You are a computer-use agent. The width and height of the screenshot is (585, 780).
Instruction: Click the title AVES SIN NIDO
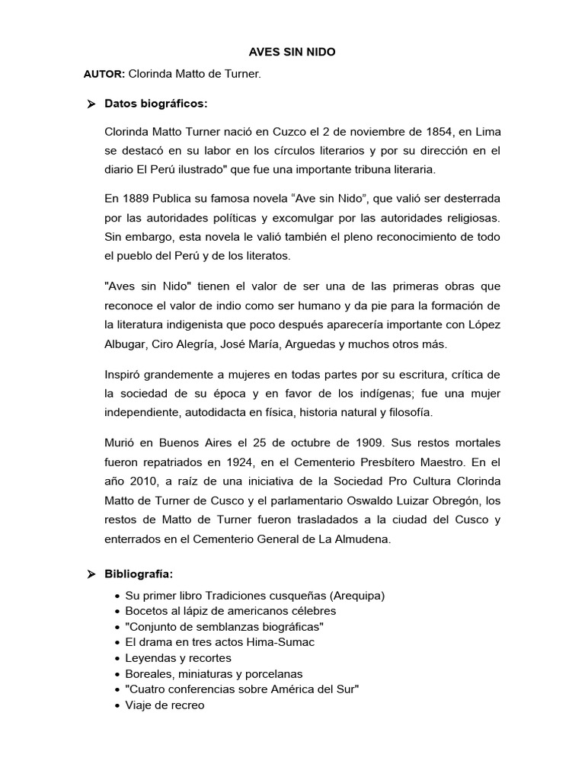tap(292, 53)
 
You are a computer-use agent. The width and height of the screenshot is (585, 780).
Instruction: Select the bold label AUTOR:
tap(104, 75)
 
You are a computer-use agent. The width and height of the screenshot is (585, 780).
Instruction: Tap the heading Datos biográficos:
tap(155, 104)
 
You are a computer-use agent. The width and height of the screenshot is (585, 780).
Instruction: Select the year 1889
tap(137, 199)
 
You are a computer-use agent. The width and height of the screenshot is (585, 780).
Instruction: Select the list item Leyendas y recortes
tap(178, 657)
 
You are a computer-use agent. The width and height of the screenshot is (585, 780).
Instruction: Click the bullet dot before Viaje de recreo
tap(115, 705)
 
